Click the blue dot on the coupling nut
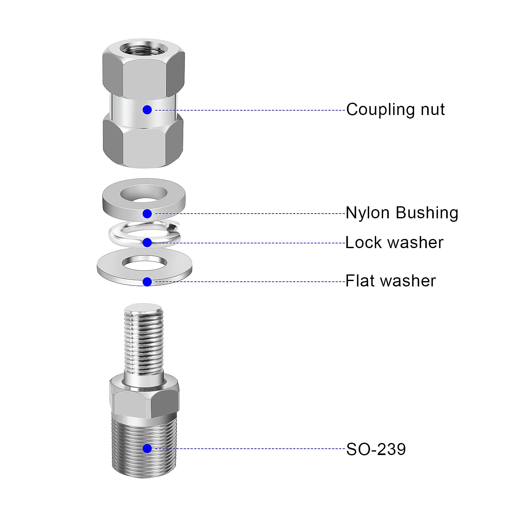click(147, 110)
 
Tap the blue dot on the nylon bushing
click(147, 214)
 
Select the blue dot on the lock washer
click(147, 243)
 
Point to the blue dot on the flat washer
click(147, 282)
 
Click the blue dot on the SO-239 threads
click(147, 448)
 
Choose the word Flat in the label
click(360, 281)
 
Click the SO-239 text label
click(376, 449)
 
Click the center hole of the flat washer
click(144, 263)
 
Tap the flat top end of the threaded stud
click(143, 308)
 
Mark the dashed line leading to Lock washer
click(253, 243)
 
